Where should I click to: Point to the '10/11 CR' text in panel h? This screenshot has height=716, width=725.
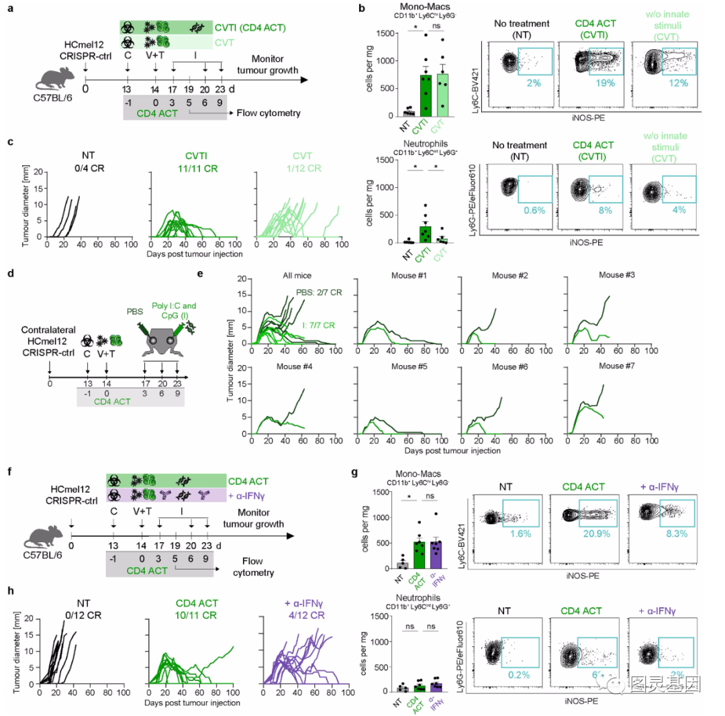(189, 610)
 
